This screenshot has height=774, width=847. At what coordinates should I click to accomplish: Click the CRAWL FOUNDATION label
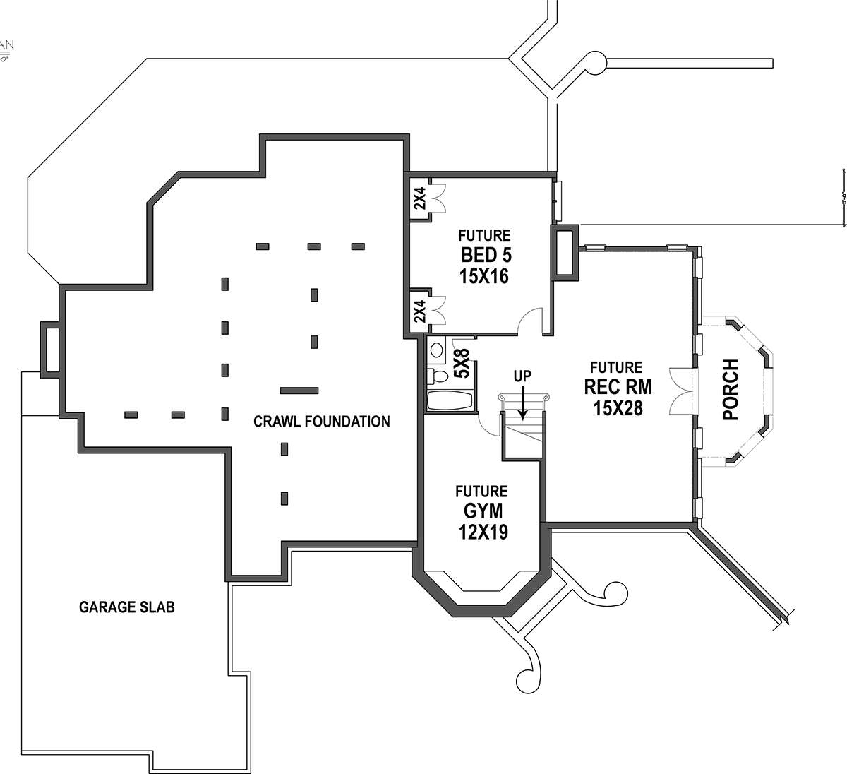[321, 422]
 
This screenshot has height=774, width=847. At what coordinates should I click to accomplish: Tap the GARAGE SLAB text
[126, 607]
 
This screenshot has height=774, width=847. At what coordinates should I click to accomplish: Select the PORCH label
[731, 390]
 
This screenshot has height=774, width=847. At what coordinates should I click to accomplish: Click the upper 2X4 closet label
[420, 198]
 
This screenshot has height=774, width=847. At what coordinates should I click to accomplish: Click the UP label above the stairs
[522, 376]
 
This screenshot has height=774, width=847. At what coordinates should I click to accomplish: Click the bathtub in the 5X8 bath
[450, 400]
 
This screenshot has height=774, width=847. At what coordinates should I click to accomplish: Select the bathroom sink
[436, 349]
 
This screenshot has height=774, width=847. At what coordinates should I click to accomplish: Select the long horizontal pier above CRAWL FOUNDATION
[299, 389]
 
